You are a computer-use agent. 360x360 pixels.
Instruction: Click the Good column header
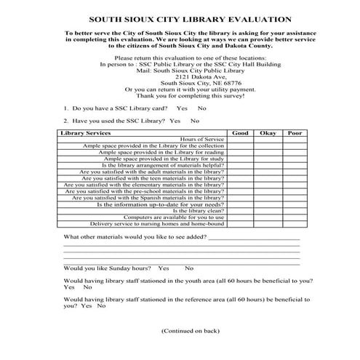click(x=239, y=133)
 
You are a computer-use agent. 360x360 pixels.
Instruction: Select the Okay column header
click(x=268, y=133)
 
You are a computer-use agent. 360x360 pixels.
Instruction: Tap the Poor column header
click(x=295, y=133)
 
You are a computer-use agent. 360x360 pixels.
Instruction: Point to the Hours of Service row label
click(x=201, y=140)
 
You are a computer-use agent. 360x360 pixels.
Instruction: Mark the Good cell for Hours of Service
click(x=239, y=140)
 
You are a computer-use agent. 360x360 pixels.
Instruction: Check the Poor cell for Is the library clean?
click(x=295, y=210)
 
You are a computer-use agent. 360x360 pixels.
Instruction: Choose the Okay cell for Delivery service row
click(x=268, y=223)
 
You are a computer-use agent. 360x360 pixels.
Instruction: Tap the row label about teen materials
click(x=153, y=178)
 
